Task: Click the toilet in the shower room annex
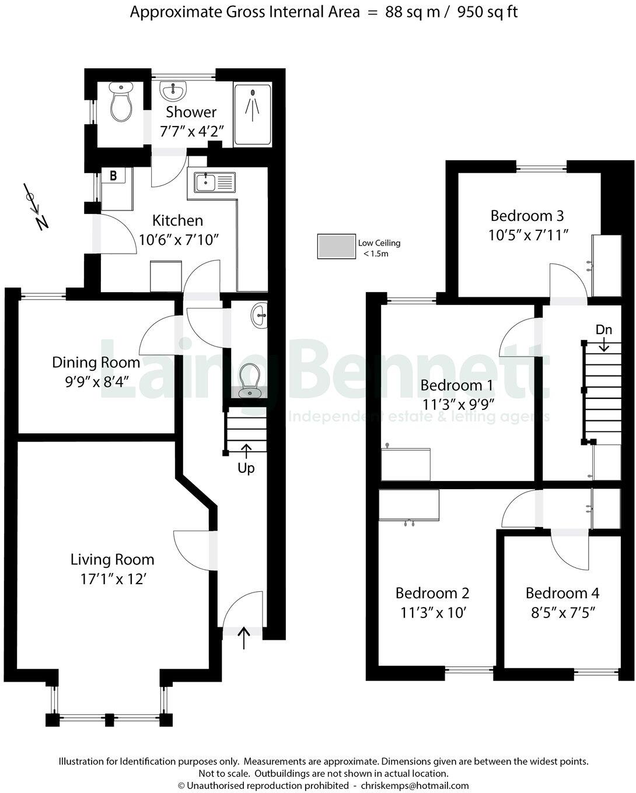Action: pyautogui.click(x=121, y=103)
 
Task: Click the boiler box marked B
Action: pyautogui.click(x=113, y=175)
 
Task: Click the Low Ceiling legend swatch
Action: pyautogui.click(x=336, y=246)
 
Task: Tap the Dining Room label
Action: pyautogui.click(x=96, y=362)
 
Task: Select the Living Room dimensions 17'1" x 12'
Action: pyautogui.click(x=112, y=580)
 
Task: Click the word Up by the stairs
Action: pyautogui.click(x=246, y=468)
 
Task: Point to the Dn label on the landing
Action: pyautogui.click(x=604, y=329)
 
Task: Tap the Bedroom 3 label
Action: pyautogui.click(x=527, y=216)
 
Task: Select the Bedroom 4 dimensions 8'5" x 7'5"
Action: pyautogui.click(x=562, y=613)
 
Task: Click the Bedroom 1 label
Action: pyautogui.click(x=457, y=385)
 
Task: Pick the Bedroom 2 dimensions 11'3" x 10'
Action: pyautogui.click(x=432, y=613)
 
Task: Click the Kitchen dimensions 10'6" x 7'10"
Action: pyautogui.click(x=178, y=240)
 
